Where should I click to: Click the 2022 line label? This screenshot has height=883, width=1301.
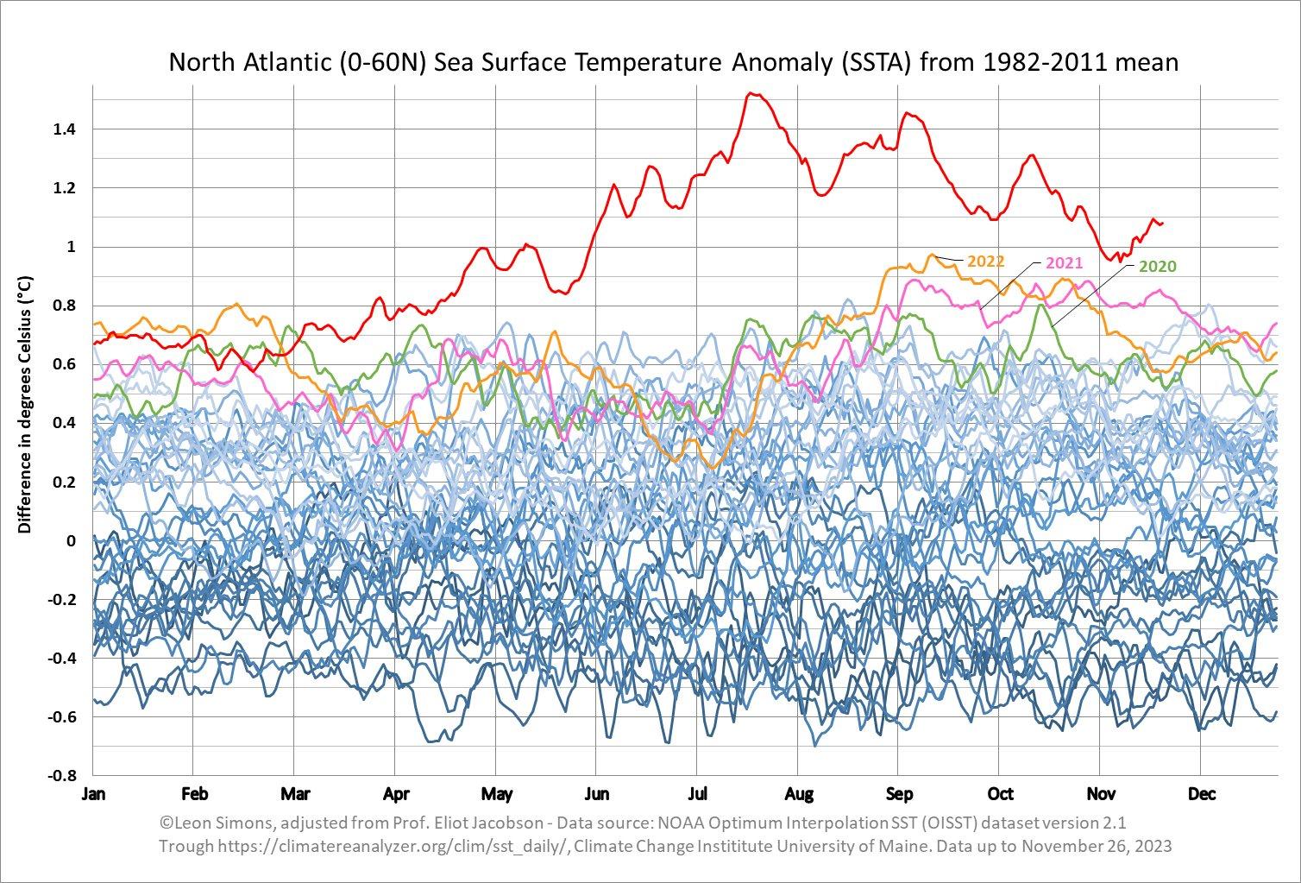pyautogui.click(x=986, y=261)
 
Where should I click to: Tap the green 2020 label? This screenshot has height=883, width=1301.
pyautogui.click(x=1158, y=266)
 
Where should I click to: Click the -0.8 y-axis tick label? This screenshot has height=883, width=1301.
pyautogui.click(x=62, y=776)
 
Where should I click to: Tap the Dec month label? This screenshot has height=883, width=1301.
pyautogui.click(x=1202, y=794)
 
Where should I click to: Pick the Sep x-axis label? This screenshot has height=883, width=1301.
pyautogui.click(x=900, y=794)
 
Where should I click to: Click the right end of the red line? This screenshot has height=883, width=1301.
pyautogui.click(x=1162, y=224)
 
